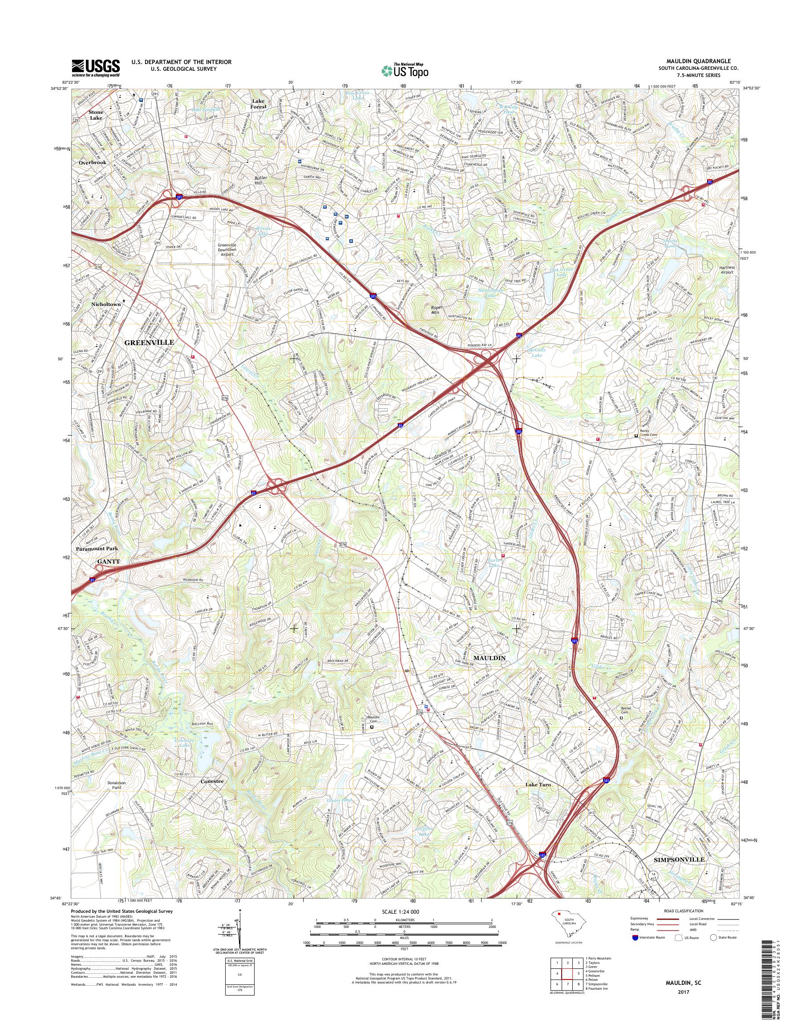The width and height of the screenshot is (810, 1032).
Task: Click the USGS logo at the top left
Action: [95, 68]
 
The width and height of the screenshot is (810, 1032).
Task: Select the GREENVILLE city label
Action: [150, 342]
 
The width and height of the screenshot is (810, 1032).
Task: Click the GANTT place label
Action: [109, 561]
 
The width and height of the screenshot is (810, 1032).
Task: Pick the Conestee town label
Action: [211, 780]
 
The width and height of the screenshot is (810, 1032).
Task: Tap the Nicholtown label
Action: [106, 304]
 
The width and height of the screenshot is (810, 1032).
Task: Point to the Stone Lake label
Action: [96, 115]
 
